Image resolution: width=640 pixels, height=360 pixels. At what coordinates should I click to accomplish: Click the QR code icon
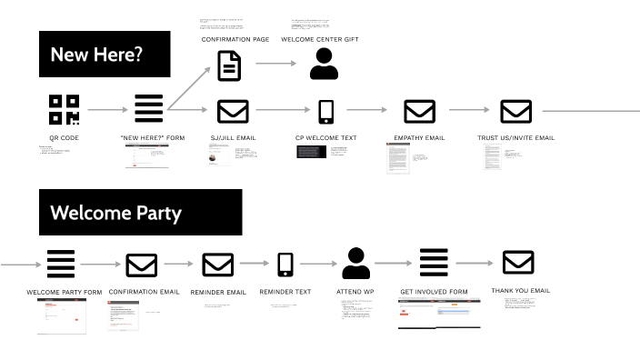[x=64, y=109]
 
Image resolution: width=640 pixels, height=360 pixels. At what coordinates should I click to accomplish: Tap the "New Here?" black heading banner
[x=104, y=55]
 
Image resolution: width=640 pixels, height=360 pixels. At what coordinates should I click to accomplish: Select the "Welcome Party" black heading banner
[x=140, y=213]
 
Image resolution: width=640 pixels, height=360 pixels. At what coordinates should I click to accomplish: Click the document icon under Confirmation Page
[x=229, y=65]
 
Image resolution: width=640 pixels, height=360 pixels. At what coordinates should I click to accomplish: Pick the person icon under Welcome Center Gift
[x=324, y=65]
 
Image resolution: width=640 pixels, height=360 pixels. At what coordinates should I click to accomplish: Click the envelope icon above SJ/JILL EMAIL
[x=233, y=111]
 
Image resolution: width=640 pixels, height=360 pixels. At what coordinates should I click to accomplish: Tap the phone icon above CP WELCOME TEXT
[x=326, y=111]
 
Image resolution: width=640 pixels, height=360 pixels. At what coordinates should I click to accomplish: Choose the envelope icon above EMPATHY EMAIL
[x=419, y=111]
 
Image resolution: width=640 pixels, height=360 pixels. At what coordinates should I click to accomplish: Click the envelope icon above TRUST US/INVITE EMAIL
[x=515, y=111]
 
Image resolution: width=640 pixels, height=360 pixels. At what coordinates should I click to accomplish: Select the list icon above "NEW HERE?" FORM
[x=149, y=109]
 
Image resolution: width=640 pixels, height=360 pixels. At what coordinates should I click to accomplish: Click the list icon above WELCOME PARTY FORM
[x=61, y=264]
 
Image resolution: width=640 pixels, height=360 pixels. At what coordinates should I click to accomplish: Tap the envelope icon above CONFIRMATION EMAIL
[x=141, y=265]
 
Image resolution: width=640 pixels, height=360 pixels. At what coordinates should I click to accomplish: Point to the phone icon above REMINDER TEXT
[x=285, y=265]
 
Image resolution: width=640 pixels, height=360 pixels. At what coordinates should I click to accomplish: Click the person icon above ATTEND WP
[x=355, y=264]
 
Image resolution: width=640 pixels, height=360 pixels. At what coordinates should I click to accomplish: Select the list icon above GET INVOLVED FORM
[x=434, y=264]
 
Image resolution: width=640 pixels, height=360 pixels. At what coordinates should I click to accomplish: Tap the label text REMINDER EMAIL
[x=218, y=292]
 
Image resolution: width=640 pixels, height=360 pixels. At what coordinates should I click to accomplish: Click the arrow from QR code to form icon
[x=108, y=110]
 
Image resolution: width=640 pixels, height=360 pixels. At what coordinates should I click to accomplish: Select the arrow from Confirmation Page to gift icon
[x=276, y=64]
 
